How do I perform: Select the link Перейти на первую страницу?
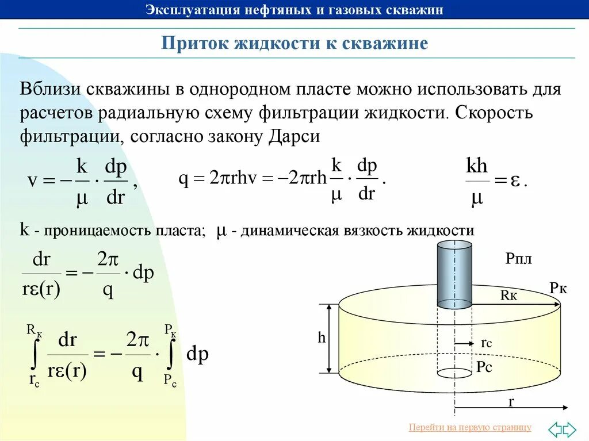click(x=470, y=427)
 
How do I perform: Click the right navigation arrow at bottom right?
click(x=569, y=429)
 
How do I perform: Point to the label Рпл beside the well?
click(x=519, y=259)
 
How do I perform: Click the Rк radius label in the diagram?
click(x=509, y=296)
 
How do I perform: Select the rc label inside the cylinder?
click(x=486, y=343)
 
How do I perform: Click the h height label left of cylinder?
click(x=322, y=339)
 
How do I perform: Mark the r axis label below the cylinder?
click(x=510, y=402)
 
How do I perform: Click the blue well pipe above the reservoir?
click(x=454, y=275)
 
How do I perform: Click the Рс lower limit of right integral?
click(x=170, y=379)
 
